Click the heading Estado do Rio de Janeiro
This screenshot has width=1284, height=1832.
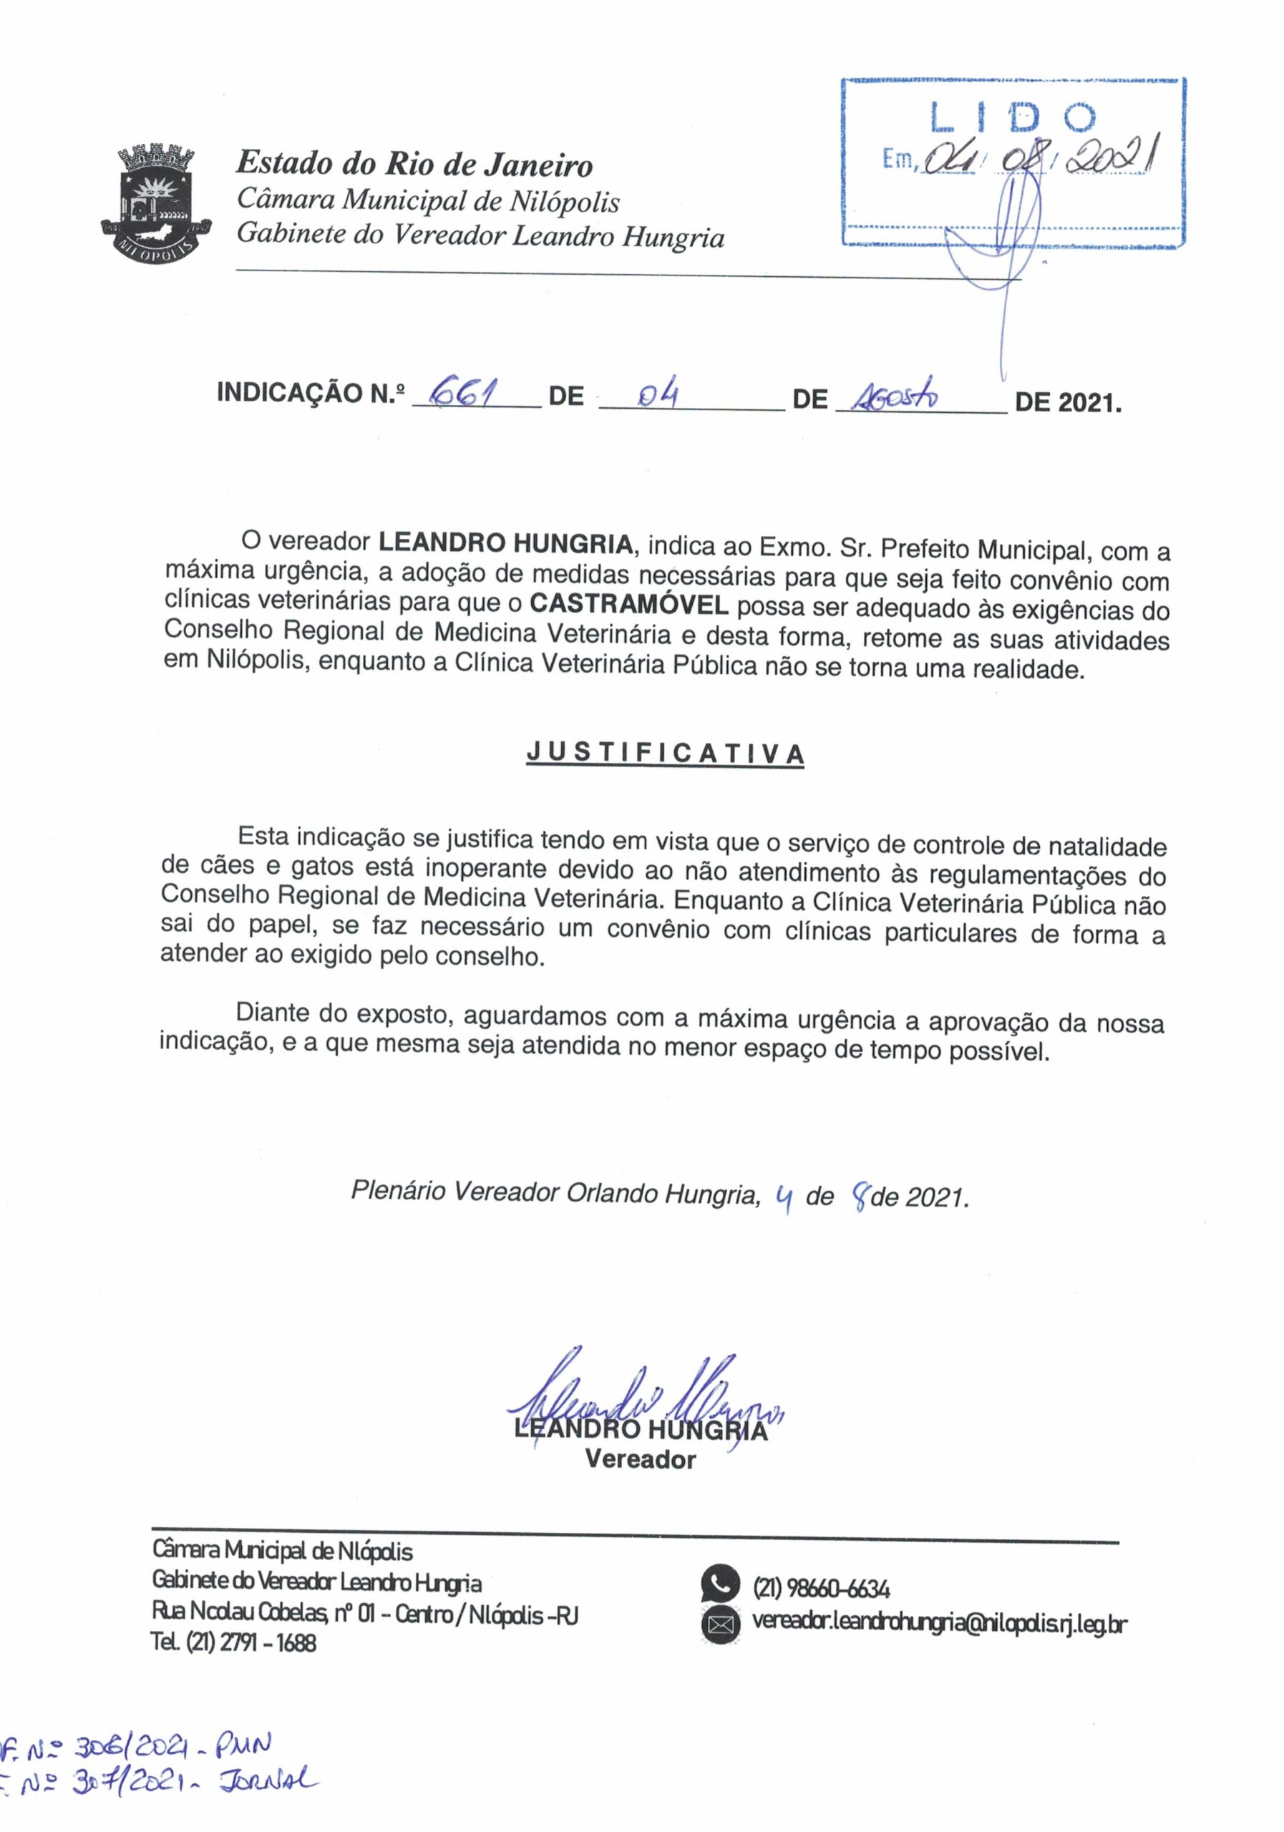414,165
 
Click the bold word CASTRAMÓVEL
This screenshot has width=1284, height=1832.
629,604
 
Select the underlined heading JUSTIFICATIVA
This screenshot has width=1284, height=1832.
665,754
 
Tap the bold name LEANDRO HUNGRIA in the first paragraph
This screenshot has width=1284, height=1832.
505,543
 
